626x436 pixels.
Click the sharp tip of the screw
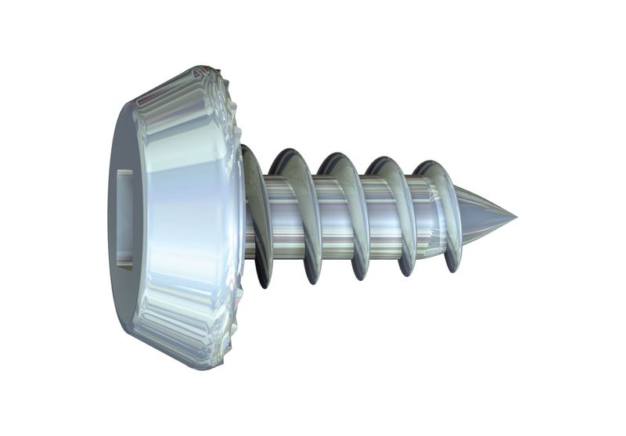[515, 216]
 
